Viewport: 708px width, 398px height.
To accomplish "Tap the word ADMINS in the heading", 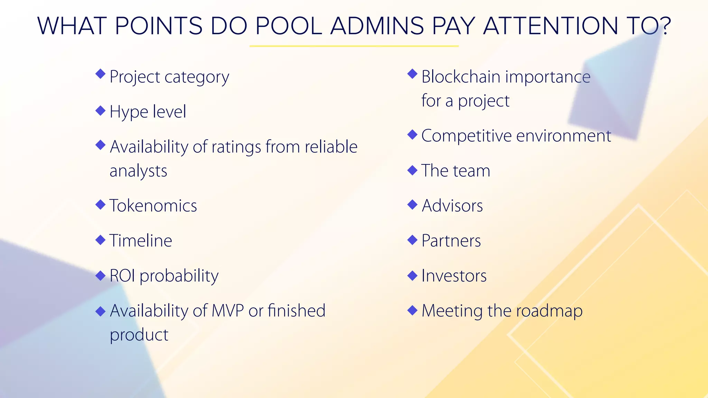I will click(377, 26).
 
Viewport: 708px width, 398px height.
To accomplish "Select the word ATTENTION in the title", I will click(550, 26).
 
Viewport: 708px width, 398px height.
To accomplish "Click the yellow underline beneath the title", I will click(354, 46).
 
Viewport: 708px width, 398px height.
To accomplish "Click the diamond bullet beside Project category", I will click(100, 74).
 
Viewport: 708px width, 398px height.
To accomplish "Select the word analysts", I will click(138, 171).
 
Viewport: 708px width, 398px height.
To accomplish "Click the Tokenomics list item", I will click(153, 206).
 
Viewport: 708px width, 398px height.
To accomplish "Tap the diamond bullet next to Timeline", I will click(100, 240).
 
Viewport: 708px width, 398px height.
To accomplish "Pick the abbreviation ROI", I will click(122, 276).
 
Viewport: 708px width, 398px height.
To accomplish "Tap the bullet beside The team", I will click(412, 170).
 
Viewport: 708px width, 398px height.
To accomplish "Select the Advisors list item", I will click(452, 206).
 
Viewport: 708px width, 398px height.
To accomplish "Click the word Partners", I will click(451, 241).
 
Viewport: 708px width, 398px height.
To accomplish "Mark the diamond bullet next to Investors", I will click(412, 275).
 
